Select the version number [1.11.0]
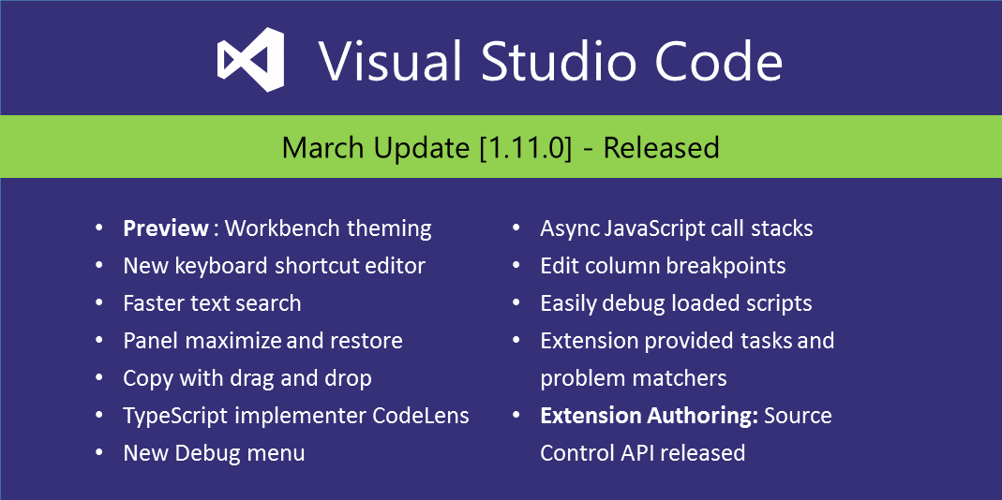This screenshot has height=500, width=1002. [525, 148]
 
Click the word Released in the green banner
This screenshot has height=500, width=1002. [661, 148]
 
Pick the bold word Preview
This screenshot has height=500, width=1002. [166, 228]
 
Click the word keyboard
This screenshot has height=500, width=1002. [222, 266]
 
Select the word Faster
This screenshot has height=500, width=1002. [153, 303]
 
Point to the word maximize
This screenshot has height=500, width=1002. [233, 341]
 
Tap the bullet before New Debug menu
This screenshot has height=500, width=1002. [99, 453]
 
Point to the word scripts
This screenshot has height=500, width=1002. [773, 303]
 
